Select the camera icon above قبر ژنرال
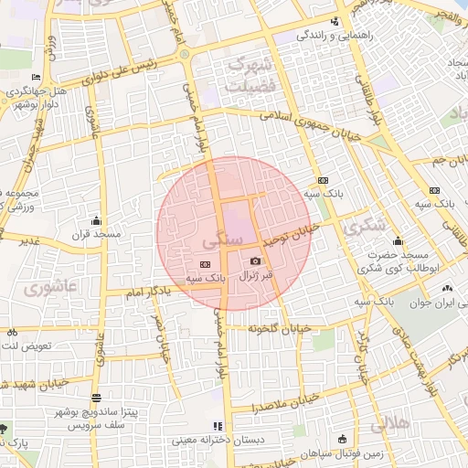point(255,261)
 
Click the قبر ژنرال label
point(255,275)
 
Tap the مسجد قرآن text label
point(97,235)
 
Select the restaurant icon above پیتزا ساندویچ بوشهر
point(97,398)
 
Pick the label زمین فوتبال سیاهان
point(346,452)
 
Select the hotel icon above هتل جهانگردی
point(36,77)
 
